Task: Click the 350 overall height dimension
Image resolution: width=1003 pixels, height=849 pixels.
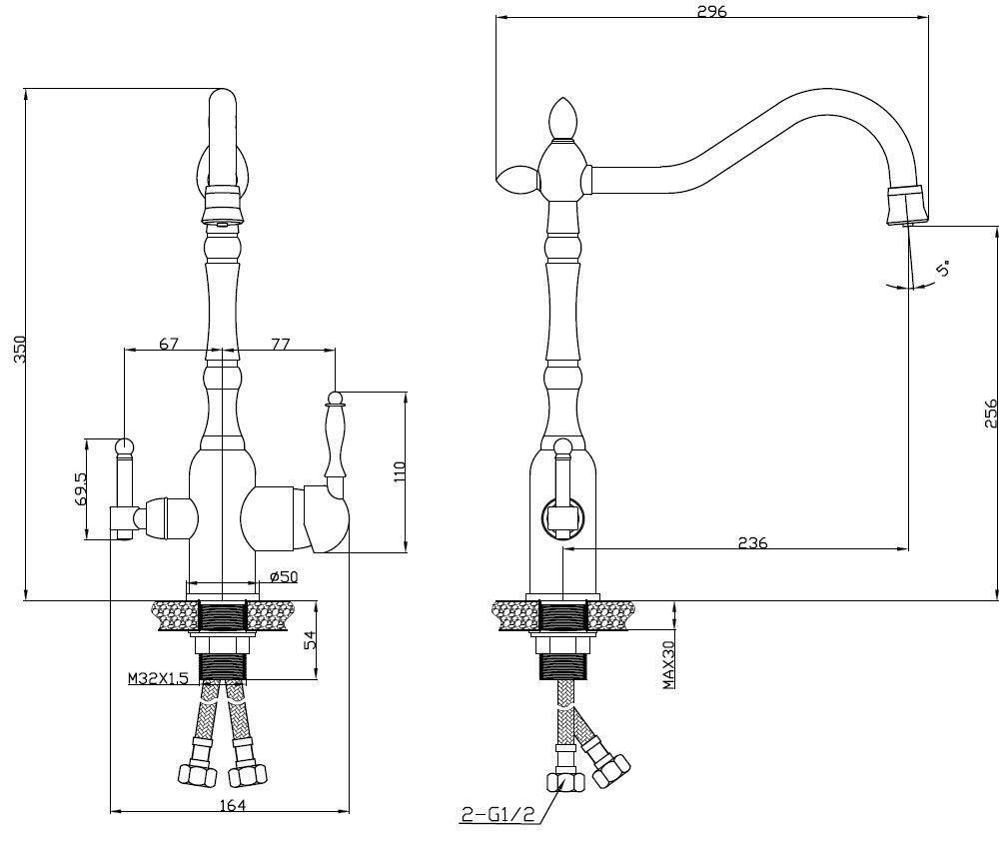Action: click(x=20, y=349)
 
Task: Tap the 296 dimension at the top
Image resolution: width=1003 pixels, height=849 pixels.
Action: click(x=713, y=11)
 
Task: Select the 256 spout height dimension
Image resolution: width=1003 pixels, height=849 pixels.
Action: click(x=990, y=413)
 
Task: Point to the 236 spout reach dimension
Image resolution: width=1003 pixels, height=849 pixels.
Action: click(x=753, y=542)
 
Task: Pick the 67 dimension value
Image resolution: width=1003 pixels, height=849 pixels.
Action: click(x=169, y=344)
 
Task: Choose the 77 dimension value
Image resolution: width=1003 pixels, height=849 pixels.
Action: click(x=280, y=344)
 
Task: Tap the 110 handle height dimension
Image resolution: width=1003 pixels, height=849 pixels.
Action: click(x=400, y=471)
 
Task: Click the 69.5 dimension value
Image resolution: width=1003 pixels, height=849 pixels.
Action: click(x=81, y=488)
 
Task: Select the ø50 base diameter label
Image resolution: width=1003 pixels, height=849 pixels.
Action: click(x=284, y=576)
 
